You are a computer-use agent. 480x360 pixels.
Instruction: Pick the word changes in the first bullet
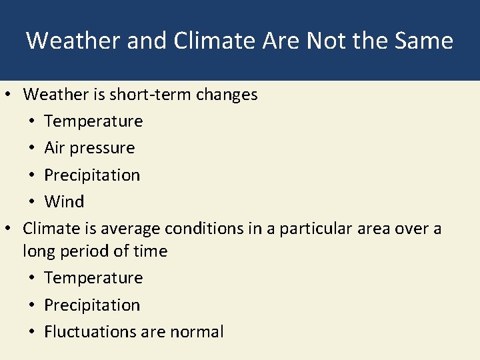click(227, 95)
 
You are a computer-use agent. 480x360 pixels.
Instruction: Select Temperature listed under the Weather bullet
click(93, 121)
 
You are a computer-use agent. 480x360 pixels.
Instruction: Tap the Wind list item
click(64, 202)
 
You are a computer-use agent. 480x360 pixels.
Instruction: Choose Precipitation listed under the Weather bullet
click(92, 175)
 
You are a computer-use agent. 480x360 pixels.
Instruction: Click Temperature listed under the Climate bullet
click(93, 278)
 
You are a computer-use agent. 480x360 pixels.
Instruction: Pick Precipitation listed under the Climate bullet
click(92, 305)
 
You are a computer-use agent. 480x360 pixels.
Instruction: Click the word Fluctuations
click(93, 332)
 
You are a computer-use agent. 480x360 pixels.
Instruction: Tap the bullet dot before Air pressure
click(34, 149)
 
